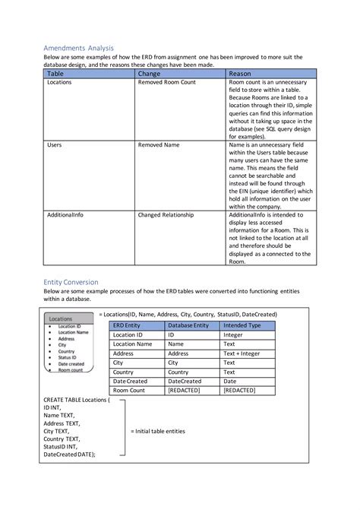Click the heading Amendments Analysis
coord(78,48)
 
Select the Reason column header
coord(240,74)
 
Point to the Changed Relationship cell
coord(166,215)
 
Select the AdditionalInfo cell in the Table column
coord(65,215)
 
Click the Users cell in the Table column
coord(55,144)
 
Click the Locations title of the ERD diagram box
coord(61,319)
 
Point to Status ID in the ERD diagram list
coord(66,358)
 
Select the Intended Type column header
coord(242,325)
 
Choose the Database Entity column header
coord(188,325)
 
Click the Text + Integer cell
coord(242,353)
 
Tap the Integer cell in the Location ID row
coord(235,334)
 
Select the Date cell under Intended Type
coord(230,381)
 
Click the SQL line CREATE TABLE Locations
coord(76,399)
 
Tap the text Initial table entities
coord(158,431)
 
